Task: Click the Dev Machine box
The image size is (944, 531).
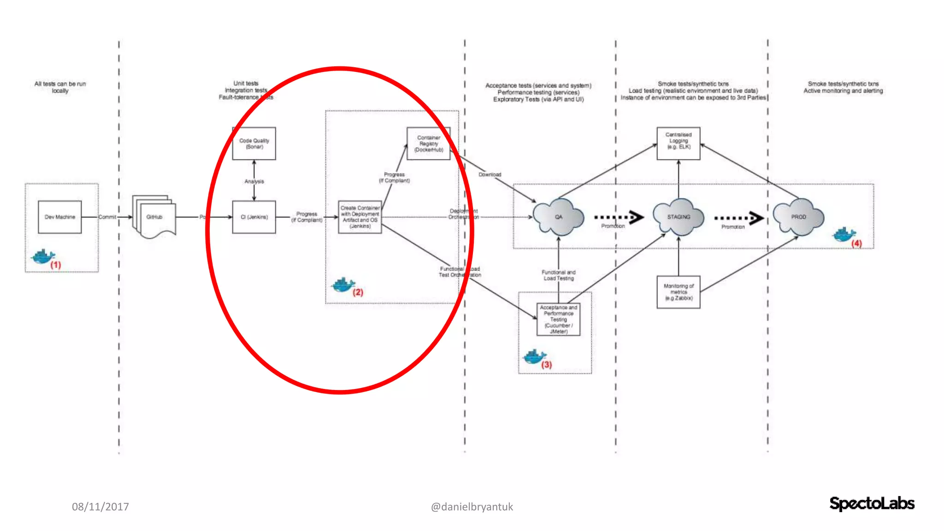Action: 59,217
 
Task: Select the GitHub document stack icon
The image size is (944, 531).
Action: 154,217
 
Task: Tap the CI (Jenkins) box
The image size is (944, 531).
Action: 254,217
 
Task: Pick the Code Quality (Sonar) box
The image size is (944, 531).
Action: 254,143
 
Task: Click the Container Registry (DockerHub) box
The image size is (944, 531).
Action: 428,143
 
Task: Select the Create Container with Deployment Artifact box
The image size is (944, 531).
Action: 360,217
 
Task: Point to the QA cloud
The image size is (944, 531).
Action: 558,217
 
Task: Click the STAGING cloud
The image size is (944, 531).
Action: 678,217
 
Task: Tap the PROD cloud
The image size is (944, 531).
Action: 798,217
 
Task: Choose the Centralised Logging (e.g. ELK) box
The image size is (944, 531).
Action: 678,143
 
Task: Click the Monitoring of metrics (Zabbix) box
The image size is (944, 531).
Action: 678,292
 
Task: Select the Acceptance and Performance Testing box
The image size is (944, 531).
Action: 558,319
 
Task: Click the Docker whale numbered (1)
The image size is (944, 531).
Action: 42,256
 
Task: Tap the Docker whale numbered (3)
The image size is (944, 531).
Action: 534,356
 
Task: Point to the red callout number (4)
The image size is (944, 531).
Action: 856,243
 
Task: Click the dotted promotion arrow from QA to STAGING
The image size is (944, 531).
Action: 619,217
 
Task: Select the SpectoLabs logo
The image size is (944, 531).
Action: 872,503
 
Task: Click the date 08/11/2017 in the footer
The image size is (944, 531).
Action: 100,507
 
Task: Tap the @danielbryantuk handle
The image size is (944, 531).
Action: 472,507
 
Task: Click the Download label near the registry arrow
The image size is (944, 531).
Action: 490,175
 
